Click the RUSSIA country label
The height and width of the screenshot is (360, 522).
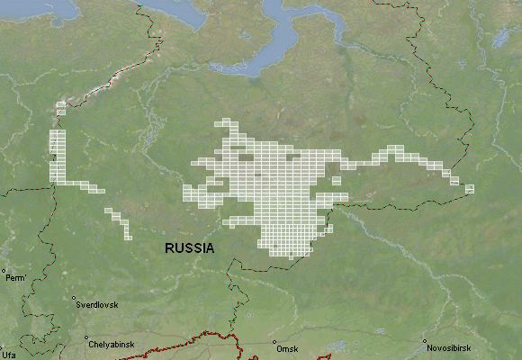[x=189, y=247]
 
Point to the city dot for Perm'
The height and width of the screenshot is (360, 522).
[x=4, y=270]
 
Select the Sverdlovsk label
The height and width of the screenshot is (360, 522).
[x=96, y=305]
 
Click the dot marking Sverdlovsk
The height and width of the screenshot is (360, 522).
[x=74, y=298]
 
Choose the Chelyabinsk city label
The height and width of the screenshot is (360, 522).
[x=112, y=345]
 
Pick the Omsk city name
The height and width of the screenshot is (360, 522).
[x=287, y=348]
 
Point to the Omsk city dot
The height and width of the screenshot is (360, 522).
[x=274, y=342]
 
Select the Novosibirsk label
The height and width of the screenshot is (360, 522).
[x=449, y=348]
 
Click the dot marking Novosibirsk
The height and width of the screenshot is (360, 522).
[x=425, y=341]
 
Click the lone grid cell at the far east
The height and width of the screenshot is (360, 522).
[x=469, y=188]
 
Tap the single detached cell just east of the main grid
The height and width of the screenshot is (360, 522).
[x=337, y=181]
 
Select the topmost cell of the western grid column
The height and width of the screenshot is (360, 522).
[x=61, y=104]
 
